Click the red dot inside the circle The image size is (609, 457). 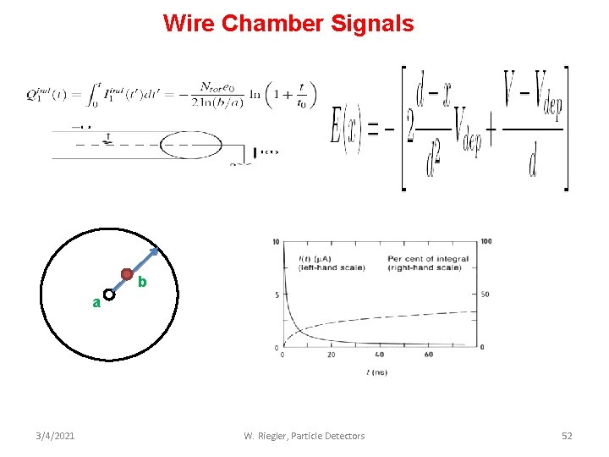(126, 274)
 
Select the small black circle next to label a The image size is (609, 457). (109, 296)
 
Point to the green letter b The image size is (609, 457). (142, 282)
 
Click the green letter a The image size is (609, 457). (96, 302)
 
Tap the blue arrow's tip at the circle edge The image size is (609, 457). (157, 248)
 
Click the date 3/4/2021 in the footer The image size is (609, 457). (55, 436)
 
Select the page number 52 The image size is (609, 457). (567, 436)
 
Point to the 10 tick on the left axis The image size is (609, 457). (276, 243)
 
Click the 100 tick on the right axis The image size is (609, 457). (486, 243)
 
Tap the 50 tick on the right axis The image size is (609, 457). (486, 295)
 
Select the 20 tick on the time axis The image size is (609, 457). (331, 355)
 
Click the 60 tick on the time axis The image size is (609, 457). (429, 355)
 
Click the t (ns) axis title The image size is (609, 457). (378, 372)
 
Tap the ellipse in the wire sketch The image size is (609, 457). (191, 146)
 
